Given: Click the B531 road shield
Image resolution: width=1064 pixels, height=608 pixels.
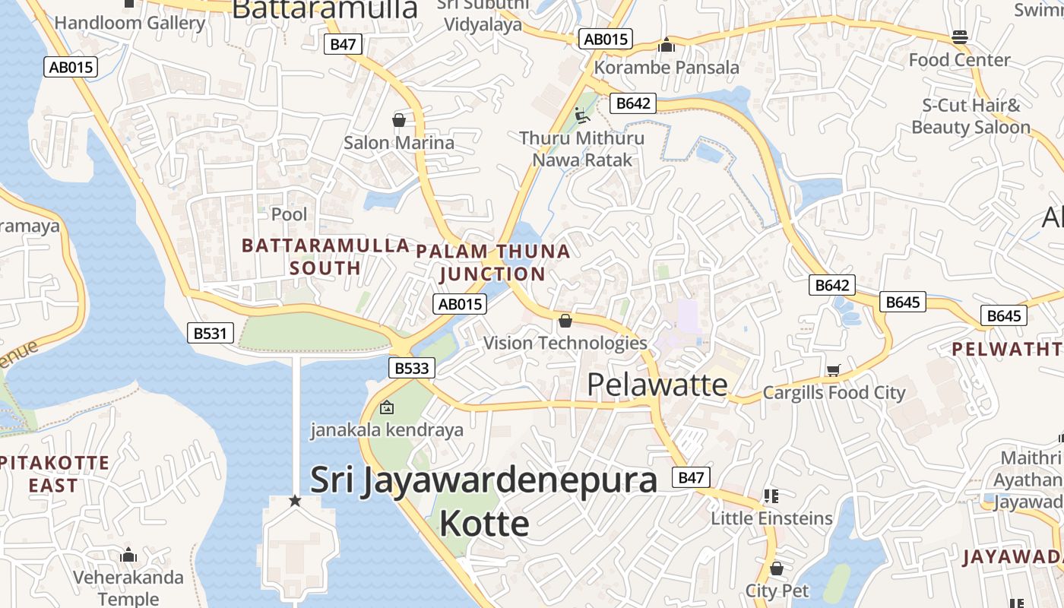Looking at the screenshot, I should coord(211,333).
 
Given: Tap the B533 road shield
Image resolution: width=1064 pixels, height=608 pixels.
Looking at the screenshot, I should coord(412,369).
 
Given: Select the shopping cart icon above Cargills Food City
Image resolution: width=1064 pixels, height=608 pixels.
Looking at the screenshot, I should coord(834,370).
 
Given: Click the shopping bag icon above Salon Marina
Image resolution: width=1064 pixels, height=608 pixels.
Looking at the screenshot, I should coord(398,120).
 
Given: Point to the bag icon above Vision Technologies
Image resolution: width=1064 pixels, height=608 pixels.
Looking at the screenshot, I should coord(565,321).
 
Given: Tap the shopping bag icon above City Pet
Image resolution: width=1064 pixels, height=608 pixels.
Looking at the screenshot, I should coord(776,568).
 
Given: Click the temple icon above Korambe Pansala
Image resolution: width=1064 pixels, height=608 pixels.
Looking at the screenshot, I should coord(667,46).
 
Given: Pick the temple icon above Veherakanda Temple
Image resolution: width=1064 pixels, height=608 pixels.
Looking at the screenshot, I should coord(128,556).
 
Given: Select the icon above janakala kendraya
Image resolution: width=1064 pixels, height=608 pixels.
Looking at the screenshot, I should coord(387,408).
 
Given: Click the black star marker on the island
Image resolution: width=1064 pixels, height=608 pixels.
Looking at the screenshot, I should coord(296,501).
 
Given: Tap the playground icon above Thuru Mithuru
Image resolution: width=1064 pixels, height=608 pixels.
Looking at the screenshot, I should coord(581,116).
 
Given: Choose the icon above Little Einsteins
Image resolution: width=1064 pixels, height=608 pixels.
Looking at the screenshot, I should coord(771,496).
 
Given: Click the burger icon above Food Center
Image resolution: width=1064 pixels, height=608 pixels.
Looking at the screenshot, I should coord(959,37).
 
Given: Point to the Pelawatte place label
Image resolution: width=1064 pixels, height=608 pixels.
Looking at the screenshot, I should coord(657,385).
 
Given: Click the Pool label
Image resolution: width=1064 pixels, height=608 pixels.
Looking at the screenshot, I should coord(290,214).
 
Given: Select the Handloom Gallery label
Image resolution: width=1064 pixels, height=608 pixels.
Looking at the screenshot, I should coord(130,23).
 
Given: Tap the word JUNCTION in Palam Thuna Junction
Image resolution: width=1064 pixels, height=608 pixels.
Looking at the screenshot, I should coord(492,274).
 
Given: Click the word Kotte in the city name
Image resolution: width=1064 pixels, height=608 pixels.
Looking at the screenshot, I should coord(484,524).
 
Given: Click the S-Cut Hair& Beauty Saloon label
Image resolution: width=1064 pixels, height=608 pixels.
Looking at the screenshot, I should coord(971,116).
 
